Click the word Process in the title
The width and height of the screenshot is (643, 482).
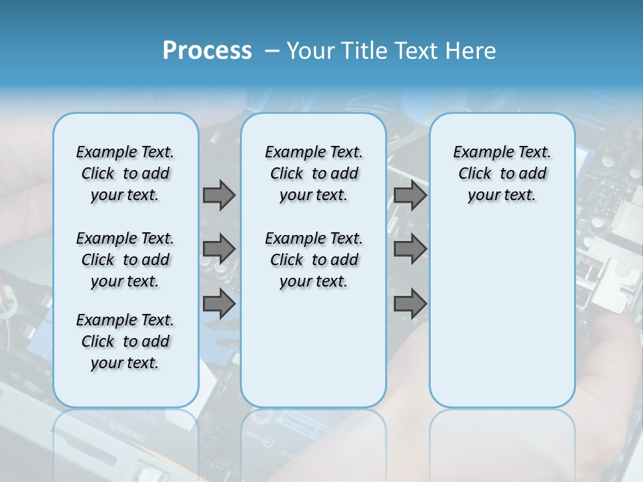coord(207,51)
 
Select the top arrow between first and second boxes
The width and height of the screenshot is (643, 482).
coord(219,195)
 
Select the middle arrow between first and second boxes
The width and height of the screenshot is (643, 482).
coord(219,249)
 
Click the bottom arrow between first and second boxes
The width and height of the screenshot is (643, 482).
coord(219,303)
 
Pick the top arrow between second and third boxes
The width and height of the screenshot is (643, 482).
coord(410,195)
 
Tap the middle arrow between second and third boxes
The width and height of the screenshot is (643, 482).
coord(410,249)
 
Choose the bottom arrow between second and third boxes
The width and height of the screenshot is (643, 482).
coord(410,303)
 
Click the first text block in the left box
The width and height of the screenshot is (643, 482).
coord(125,173)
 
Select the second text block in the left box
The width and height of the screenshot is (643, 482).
coord(125,260)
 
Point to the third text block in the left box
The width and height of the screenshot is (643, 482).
coord(125,341)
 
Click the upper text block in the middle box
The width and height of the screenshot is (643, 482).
coord(313,173)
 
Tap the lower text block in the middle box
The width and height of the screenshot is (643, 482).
coord(313,260)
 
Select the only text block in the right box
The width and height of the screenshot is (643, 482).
coord(502,173)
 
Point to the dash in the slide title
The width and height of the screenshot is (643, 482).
coord(272,51)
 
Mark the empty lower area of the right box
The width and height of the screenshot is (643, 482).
coord(502,315)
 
